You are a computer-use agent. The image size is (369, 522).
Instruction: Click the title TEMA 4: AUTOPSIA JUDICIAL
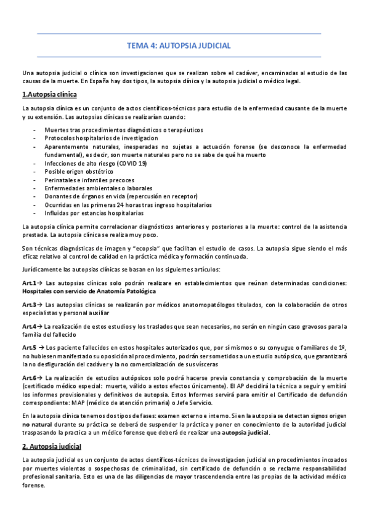click(179, 46)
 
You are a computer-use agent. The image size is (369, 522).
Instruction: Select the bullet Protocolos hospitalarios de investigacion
click(101, 139)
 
